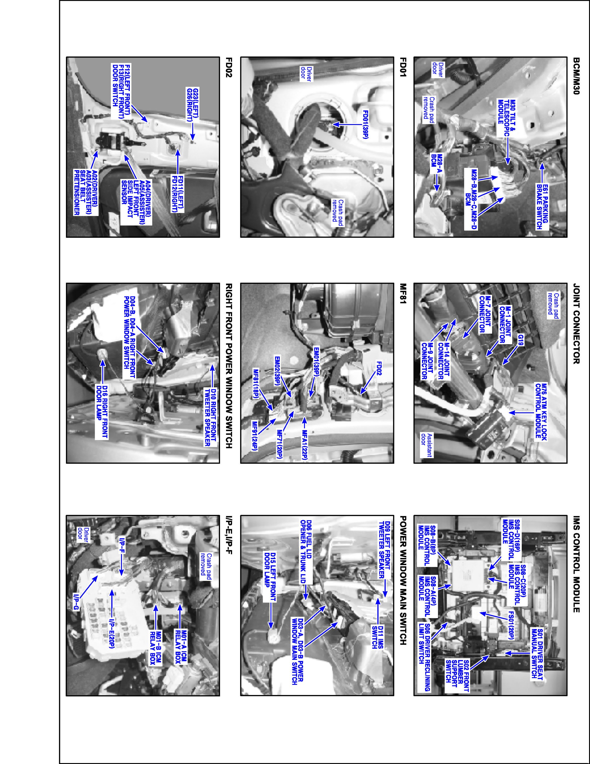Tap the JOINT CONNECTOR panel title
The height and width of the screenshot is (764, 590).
pyautogui.click(x=576, y=324)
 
